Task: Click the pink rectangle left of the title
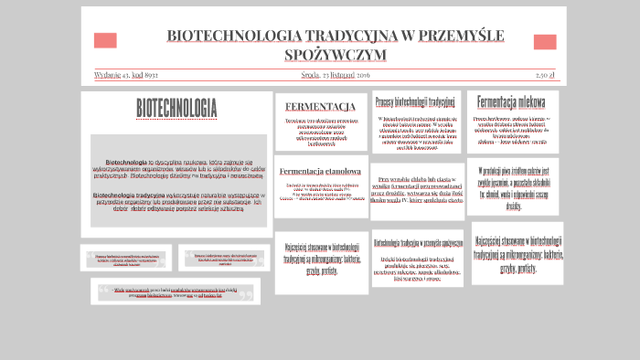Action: click(x=105, y=40)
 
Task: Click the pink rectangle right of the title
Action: click(x=545, y=42)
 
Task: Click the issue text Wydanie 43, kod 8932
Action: click(x=126, y=75)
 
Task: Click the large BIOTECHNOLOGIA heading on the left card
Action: click(x=176, y=108)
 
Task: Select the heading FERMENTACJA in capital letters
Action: click(x=320, y=106)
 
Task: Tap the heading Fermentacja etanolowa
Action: click(x=320, y=171)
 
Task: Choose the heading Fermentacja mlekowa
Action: click(x=511, y=102)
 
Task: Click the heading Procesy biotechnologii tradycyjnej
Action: click(x=415, y=101)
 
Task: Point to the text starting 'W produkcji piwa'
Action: click(x=512, y=187)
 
